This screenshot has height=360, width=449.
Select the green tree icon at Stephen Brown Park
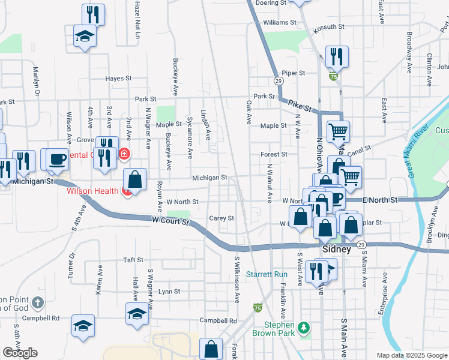coord(304,327)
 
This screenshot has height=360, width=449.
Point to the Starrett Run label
coord(268,274)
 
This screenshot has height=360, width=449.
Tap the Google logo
coord(20,353)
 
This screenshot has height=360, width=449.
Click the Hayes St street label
coord(118,79)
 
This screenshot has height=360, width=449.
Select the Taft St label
coord(133,260)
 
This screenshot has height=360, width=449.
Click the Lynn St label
coord(169,292)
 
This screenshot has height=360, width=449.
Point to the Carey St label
coord(221,218)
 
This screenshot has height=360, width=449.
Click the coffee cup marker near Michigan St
coord(58,159)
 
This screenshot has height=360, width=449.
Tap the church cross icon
coord(38,302)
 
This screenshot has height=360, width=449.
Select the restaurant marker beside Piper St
coord(336,56)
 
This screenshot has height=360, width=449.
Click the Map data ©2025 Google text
coord(412,355)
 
